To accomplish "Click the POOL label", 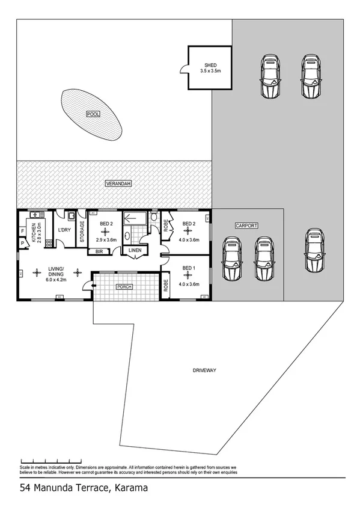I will coord(93,114).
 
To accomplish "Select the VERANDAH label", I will coord(117,183).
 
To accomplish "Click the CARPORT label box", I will coord(246,225).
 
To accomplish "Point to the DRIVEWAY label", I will coord(204,370).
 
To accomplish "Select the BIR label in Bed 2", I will coord(99,252).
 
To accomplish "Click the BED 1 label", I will coord(189,268).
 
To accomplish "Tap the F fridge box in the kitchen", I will coord(22,230).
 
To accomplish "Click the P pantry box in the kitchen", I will coord(22,243).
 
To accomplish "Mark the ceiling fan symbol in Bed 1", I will coord(189,276).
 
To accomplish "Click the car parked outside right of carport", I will coord(313,250).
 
